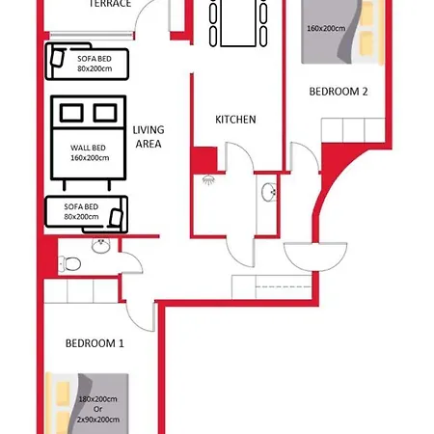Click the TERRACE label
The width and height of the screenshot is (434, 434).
pos(110,4)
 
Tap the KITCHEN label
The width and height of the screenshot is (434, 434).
pos(235,120)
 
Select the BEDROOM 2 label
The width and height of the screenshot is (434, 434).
pos(339,93)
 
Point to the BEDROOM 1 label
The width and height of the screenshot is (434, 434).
pos(95,343)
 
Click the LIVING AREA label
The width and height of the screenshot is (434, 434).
pos(148,136)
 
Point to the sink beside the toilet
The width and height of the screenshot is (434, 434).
pos(100,247)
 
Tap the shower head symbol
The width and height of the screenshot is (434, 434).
pos(208,180)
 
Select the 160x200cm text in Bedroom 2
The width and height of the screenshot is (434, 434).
pos(326,28)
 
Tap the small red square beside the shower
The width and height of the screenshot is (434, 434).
pos(203,158)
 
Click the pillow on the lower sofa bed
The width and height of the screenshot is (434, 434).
pos(118,213)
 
